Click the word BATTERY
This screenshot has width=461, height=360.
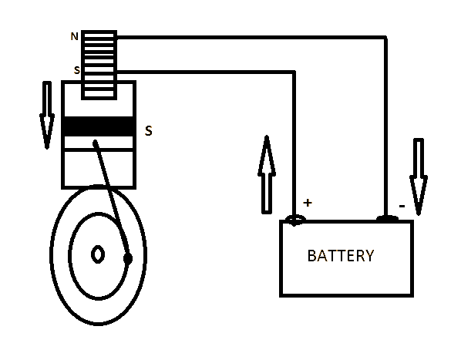(x=341, y=256)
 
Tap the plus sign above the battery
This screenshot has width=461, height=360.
(x=308, y=203)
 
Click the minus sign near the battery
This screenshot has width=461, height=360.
(x=402, y=206)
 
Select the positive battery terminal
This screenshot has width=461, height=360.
(x=294, y=220)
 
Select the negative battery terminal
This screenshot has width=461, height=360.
(x=386, y=219)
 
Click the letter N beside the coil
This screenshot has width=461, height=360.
(x=75, y=36)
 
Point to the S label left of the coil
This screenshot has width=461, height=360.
(x=76, y=70)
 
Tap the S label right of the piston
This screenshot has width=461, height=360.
(x=148, y=131)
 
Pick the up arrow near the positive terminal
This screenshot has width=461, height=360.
(x=267, y=173)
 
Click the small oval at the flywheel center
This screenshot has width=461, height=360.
(x=98, y=254)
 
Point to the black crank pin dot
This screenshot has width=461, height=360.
(x=128, y=257)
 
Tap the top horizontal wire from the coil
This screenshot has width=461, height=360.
(x=247, y=36)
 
